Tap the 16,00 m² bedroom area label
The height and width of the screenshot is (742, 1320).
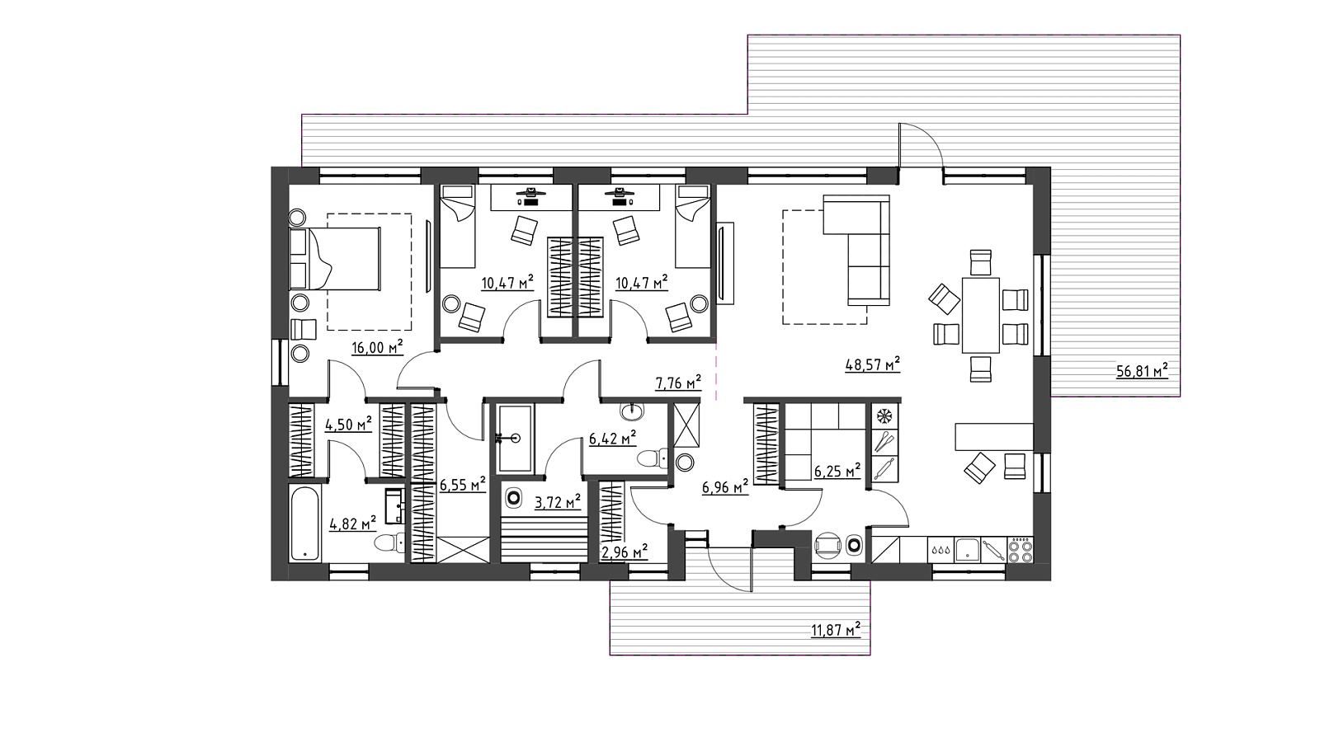tap(377, 347)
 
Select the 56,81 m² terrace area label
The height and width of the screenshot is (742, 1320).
tap(1142, 371)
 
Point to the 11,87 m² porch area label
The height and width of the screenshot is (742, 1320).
tap(836, 630)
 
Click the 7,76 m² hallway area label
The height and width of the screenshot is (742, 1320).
tap(678, 383)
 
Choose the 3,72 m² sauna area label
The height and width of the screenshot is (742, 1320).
tap(558, 502)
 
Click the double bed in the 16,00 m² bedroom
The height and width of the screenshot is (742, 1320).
tap(335, 259)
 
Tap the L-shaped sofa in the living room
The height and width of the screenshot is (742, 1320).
tap(856, 251)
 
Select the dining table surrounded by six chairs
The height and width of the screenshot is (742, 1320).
tap(981, 316)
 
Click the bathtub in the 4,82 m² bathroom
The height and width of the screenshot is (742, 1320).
tap(305, 524)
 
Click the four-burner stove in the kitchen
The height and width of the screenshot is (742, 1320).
tap(1021, 550)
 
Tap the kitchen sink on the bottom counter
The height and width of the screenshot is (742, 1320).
tap(967, 550)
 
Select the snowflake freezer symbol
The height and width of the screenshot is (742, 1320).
tap(884, 416)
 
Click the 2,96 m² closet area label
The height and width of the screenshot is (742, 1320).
tap(624, 552)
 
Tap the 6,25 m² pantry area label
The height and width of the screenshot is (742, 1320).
tap(837, 471)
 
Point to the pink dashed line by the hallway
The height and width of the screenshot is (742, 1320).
tap(717, 372)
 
